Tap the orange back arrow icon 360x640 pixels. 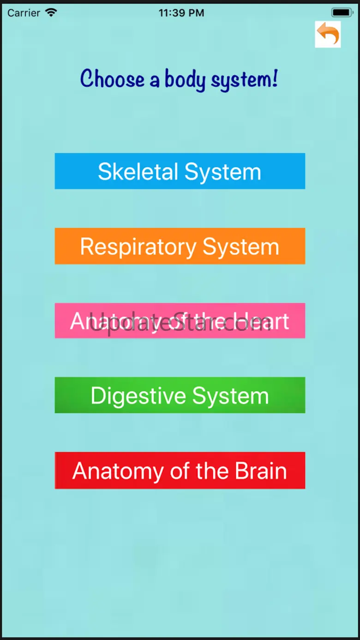(328, 34)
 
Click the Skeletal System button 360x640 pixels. (180, 171)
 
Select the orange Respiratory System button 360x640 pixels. (180, 246)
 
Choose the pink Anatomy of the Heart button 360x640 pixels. (180, 321)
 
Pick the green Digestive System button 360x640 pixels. (180, 395)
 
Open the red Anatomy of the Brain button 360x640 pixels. (180, 470)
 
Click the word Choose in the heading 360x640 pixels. (112, 79)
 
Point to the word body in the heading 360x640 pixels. (185, 79)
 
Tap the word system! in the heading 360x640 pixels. (245, 79)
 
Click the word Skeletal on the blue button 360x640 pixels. (138, 172)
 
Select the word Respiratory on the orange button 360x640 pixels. (138, 246)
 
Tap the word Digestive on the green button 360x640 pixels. (138, 396)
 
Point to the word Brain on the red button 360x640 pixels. (261, 471)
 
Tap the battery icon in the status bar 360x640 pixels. (342, 12)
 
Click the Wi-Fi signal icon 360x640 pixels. (51, 12)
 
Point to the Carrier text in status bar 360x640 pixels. (24, 13)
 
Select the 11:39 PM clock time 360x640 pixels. (181, 13)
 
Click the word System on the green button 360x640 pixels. (230, 396)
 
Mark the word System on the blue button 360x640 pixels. (223, 172)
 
